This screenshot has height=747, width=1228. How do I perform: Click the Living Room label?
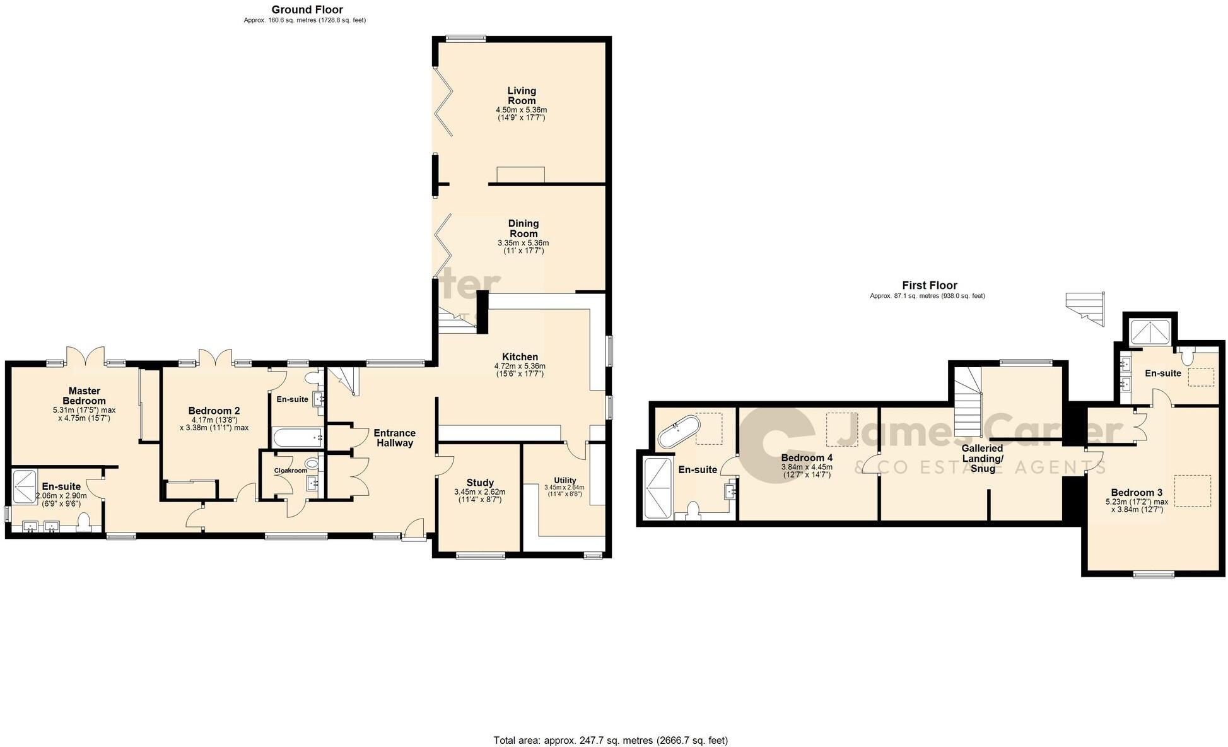tap(522, 96)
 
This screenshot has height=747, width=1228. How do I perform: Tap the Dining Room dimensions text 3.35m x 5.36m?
tap(523, 243)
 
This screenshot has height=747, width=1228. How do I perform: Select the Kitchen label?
tap(520, 357)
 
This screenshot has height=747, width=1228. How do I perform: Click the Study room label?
tap(479, 483)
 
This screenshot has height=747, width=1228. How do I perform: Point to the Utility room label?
tap(564, 480)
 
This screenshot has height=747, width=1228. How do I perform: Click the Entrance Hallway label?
tap(394, 438)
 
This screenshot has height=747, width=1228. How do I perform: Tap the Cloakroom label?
tap(290, 471)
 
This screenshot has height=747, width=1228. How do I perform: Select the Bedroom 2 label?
tap(214, 411)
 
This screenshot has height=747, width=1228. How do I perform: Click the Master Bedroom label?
tap(85, 396)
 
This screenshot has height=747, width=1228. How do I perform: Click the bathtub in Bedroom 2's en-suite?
tap(297, 437)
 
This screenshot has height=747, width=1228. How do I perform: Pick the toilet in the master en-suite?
tap(84, 523)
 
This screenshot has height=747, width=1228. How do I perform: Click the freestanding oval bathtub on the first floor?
tap(679, 431)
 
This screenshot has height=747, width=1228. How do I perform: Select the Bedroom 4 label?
tap(807, 457)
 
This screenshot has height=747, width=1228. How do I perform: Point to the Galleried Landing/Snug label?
tap(982, 458)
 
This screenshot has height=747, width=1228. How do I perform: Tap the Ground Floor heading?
tap(307, 9)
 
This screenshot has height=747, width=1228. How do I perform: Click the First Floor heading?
tap(929, 285)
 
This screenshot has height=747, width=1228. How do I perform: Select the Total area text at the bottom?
tap(610, 740)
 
